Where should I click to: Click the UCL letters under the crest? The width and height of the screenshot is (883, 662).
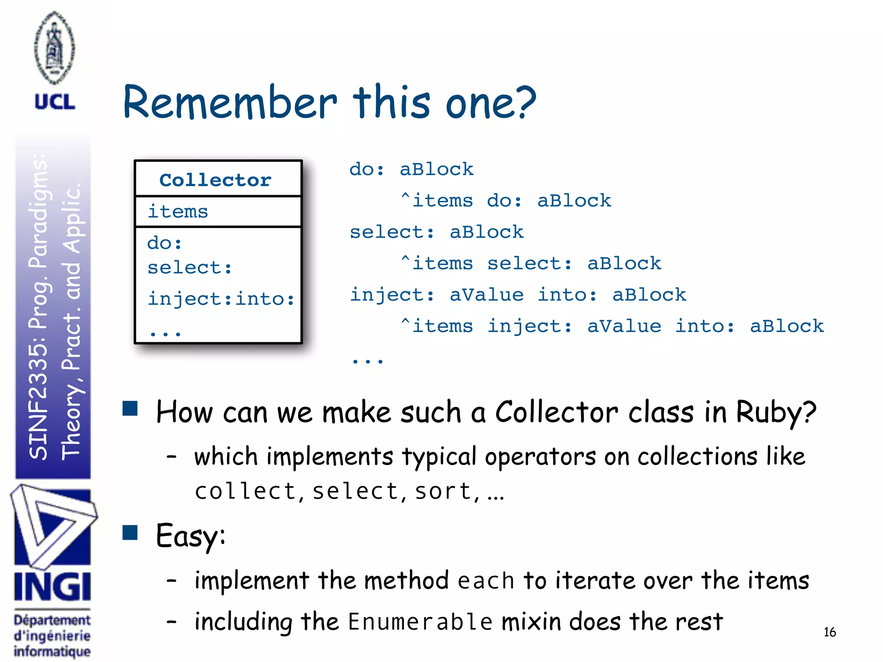coord(55,102)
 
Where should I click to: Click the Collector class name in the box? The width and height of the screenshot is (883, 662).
coord(215,180)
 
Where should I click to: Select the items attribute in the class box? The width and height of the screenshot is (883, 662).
coord(178,212)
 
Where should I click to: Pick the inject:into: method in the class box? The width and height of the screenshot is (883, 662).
coord(221,299)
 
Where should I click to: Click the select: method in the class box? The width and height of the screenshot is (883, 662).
coord(190,268)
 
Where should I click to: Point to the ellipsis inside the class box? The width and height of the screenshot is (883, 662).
coord(165,333)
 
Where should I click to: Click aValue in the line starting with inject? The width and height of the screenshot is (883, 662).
coord(486,295)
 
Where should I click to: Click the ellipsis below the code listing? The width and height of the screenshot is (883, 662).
coord(367,360)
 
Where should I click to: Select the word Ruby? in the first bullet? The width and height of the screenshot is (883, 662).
coord(776,412)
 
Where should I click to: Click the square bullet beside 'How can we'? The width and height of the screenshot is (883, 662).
coord(130,408)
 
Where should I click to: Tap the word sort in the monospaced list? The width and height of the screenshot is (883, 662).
coord(443,491)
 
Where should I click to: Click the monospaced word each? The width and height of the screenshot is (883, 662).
coord(486,581)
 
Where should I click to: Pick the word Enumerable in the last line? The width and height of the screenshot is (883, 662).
coord(420,622)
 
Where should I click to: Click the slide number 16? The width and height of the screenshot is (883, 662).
coord(830,632)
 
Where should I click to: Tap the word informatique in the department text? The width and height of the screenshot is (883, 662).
coord(52,651)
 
